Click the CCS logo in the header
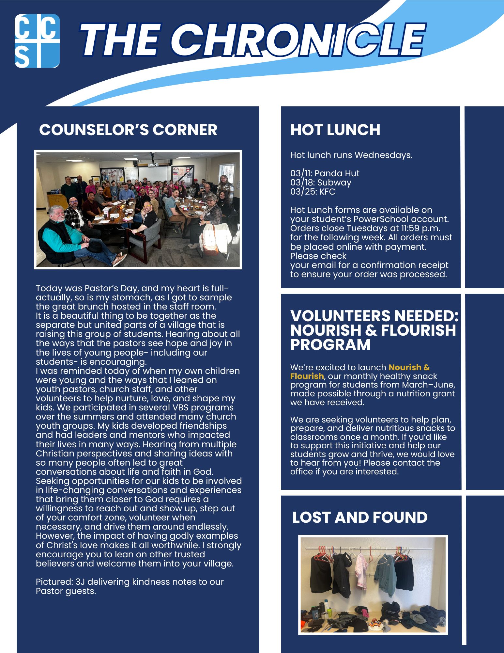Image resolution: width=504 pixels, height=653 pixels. click(37, 41)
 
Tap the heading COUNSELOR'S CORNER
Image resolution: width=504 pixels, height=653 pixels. click(128, 130)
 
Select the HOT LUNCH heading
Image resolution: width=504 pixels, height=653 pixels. click(335, 130)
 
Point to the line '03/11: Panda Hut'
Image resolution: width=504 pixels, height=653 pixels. click(325, 173)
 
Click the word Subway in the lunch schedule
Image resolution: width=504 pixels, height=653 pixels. click(334, 183)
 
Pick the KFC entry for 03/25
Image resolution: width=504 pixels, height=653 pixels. click(327, 192)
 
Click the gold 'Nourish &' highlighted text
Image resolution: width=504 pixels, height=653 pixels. click(409, 367)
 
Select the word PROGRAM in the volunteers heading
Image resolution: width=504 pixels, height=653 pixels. click(330, 345)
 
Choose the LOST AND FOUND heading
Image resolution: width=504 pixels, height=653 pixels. click(360, 517)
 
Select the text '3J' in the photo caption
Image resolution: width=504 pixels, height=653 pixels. click(80, 582)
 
